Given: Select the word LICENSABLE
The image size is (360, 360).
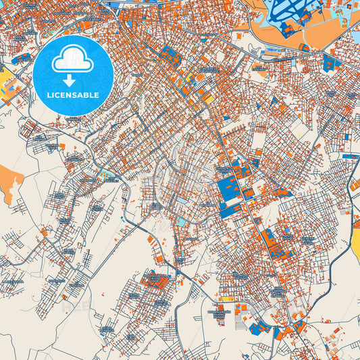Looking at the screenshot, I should [73, 95].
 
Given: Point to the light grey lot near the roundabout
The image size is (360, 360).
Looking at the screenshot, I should [297, 317].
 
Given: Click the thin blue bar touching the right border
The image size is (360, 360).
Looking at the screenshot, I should [351, 156].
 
